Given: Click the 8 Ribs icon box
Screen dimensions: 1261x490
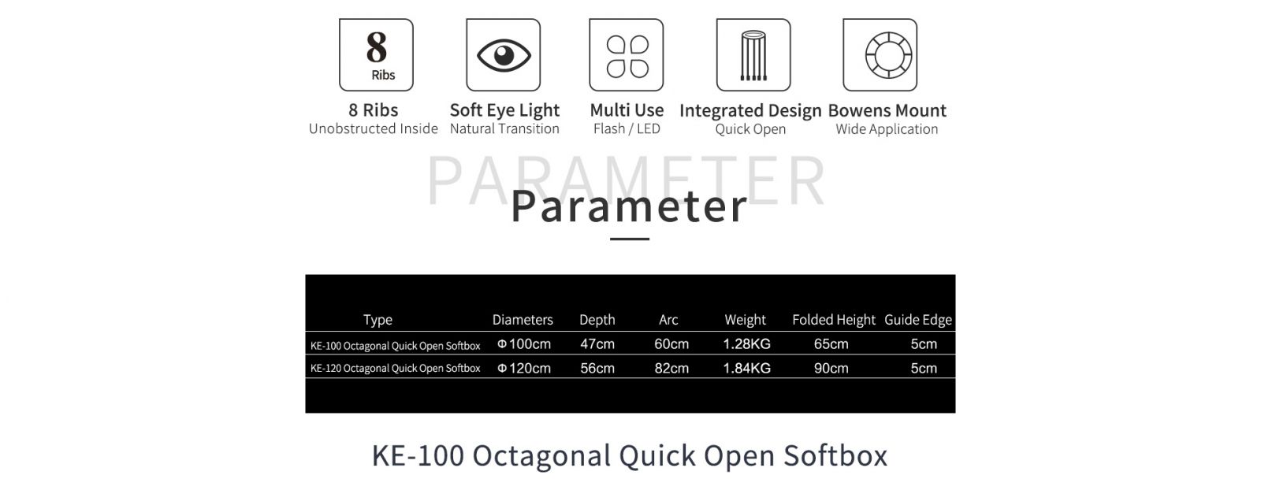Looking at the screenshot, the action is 376,54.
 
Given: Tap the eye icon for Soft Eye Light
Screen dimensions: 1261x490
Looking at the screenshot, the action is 504,54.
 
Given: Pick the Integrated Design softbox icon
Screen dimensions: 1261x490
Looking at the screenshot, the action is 753,54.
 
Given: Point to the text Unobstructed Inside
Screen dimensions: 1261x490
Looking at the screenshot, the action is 374,129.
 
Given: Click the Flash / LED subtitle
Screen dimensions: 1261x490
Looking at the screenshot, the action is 627,129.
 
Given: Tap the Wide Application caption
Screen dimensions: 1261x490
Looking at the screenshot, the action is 887,129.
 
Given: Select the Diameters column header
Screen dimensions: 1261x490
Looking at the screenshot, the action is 523,320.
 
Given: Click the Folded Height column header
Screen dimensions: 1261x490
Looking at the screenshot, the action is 834,320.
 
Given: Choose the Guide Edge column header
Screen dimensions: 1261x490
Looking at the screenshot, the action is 918,320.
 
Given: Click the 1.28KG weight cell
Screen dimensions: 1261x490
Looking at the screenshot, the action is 746,343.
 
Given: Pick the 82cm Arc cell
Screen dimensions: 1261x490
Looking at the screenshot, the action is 671,368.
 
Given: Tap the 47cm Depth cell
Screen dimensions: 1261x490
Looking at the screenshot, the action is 597,343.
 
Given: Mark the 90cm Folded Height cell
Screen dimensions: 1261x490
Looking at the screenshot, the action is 831,368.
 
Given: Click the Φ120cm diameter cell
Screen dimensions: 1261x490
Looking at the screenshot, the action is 524,368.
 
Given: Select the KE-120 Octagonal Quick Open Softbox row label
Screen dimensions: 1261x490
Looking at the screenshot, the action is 395,369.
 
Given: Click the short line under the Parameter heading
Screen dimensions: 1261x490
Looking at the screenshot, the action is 630,239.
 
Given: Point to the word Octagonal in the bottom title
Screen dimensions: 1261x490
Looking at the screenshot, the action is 541,455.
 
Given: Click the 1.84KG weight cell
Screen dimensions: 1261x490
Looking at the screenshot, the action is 746,368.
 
